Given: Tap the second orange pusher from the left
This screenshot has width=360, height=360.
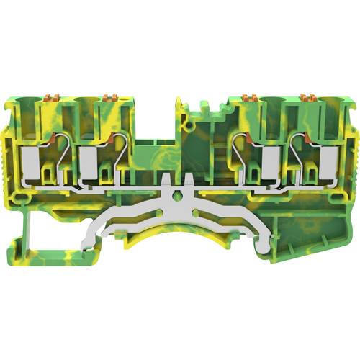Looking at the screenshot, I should click(x=111, y=96).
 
